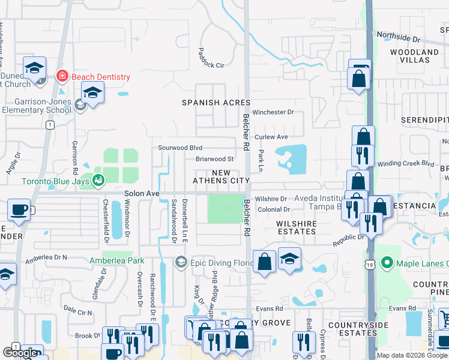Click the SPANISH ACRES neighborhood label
click(x=216, y=103)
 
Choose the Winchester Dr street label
click(x=273, y=112)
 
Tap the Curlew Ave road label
click(x=271, y=137)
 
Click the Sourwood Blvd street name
click(x=180, y=148)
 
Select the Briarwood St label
click(x=214, y=159)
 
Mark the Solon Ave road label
click(x=142, y=194)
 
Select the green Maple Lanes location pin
click(x=388, y=263)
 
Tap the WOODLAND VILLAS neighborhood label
click(x=414, y=56)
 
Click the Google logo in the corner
click(x=20, y=353)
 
